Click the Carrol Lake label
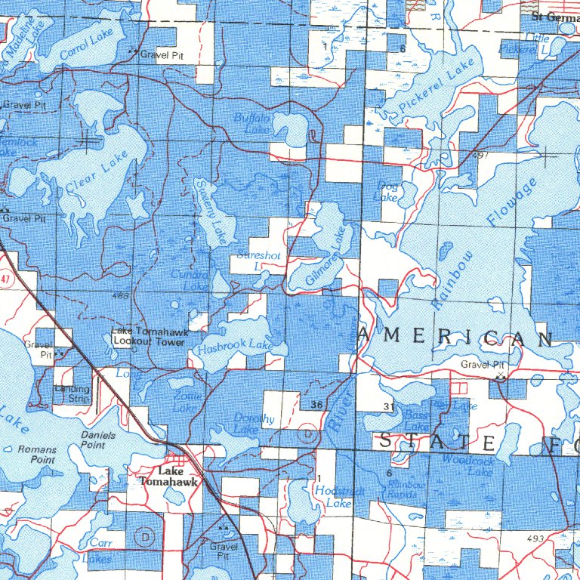click(x=84, y=45)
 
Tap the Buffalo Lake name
click(x=251, y=124)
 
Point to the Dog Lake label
click(x=387, y=190)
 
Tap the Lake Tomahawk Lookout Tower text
click(x=148, y=337)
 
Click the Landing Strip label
click(x=72, y=393)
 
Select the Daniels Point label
click(x=98, y=440)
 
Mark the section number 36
click(x=316, y=406)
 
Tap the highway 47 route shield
click(x=6, y=279)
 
